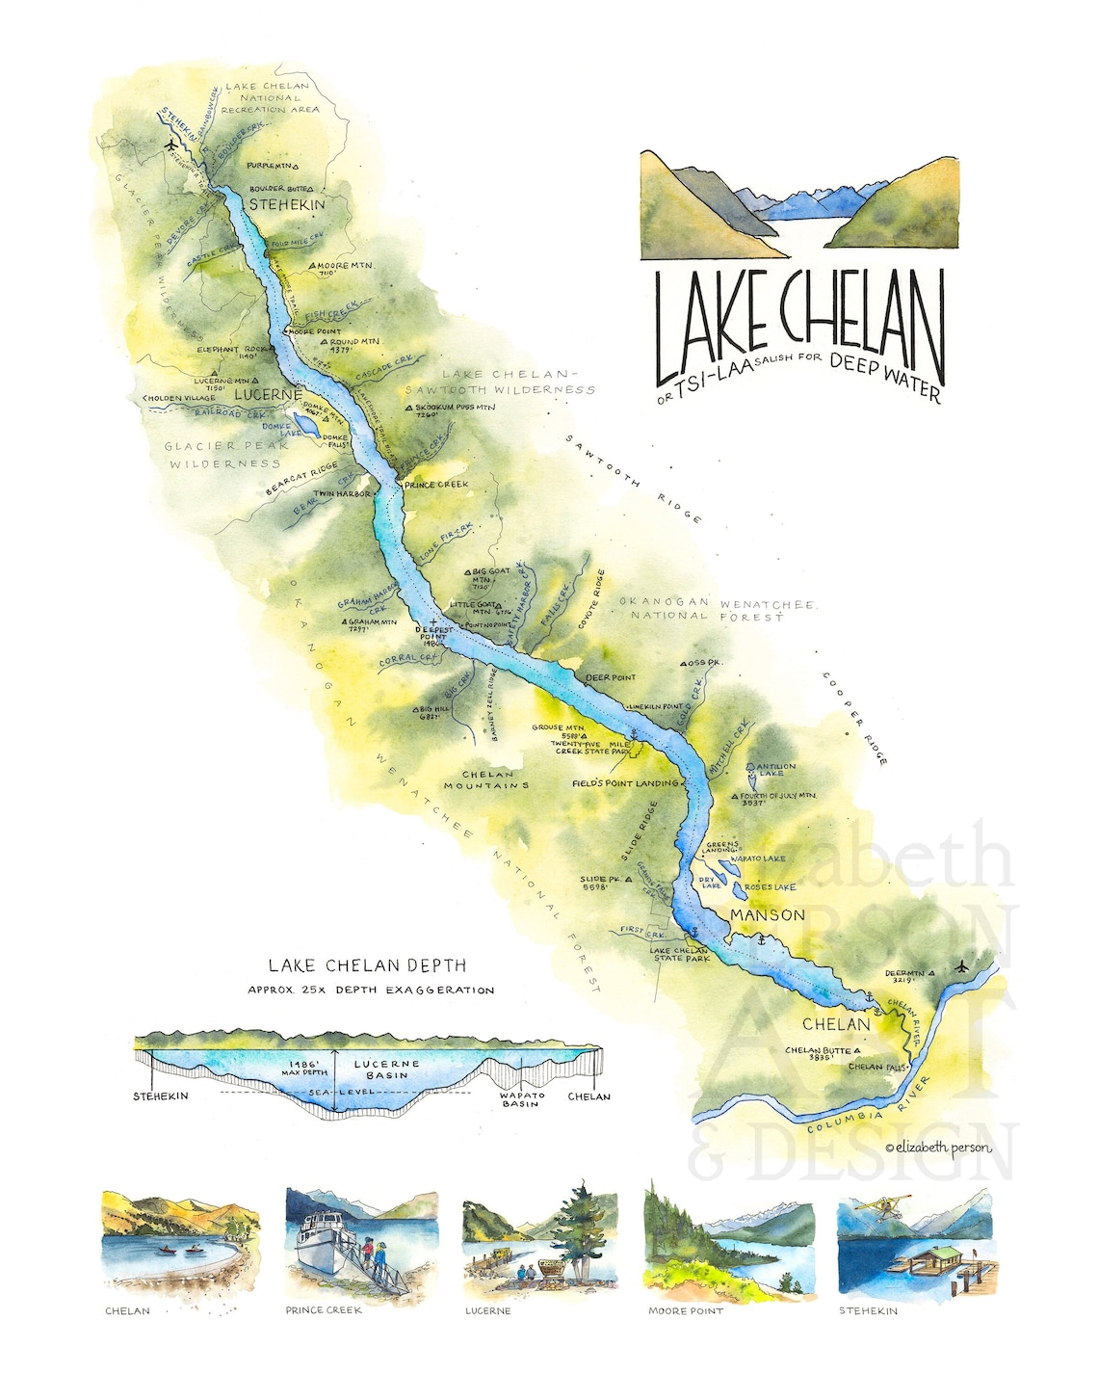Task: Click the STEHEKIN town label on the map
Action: (x=287, y=204)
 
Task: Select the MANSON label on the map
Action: (x=767, y=914)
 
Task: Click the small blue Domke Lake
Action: (x=302, y=425)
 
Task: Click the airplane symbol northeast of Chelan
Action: (x=961, y=965)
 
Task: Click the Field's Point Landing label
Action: (x=624, y=783)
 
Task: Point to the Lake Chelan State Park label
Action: (x=680, y=955)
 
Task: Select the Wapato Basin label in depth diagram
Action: (x=521, y=1099)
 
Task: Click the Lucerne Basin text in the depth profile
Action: (x=387, y=1069)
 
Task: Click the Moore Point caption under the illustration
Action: (x=685, y=1311)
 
